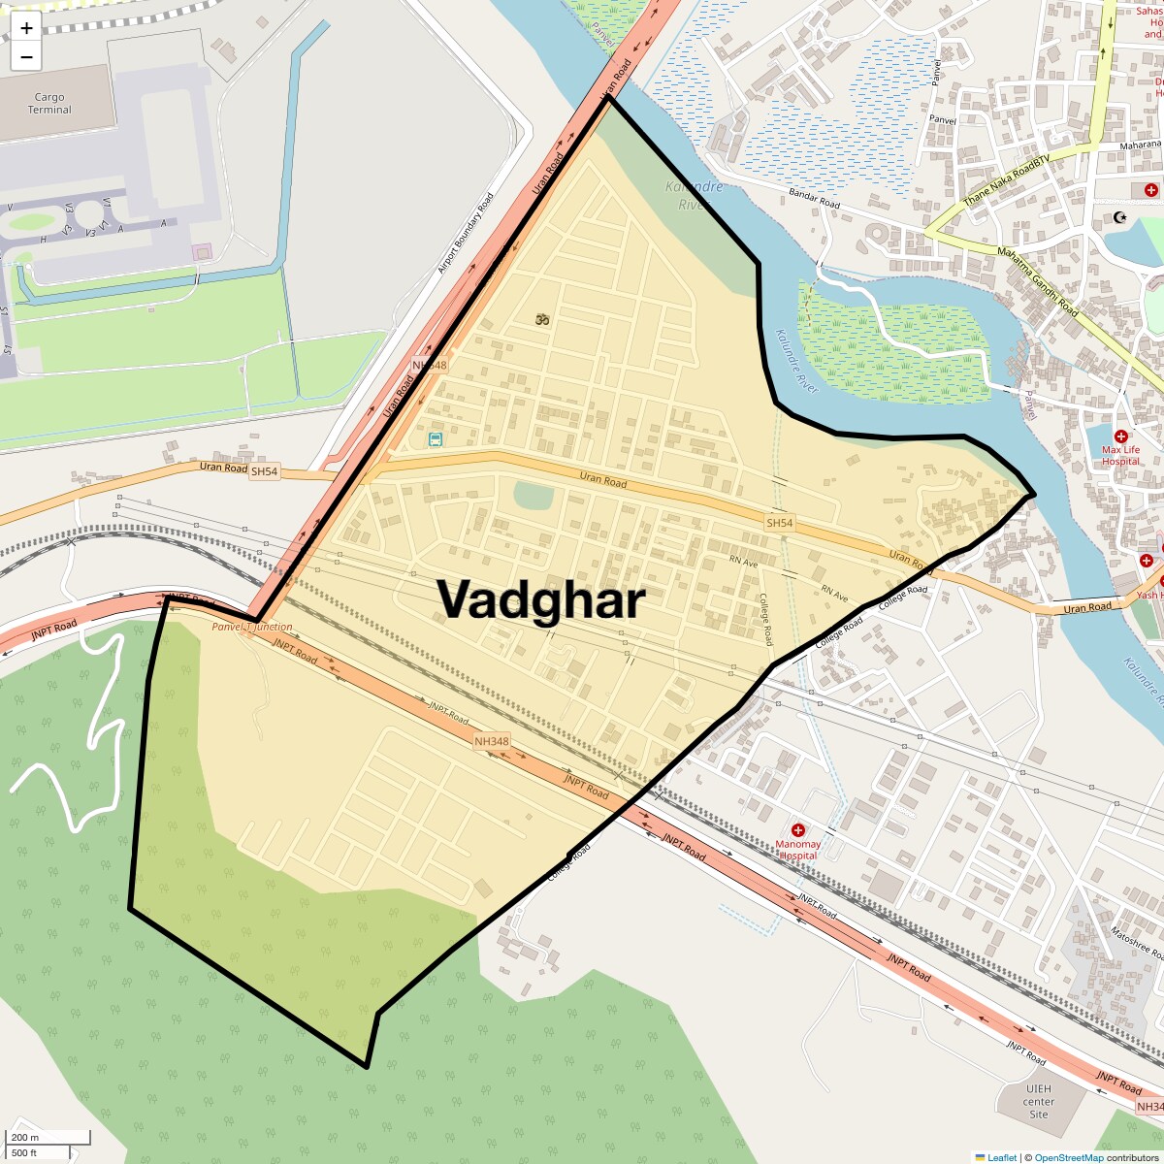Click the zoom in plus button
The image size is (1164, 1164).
coord(26,28)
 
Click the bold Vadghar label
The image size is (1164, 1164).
coord(540,599)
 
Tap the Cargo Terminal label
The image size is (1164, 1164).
coord(49,103)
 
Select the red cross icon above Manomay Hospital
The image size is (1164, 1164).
coord(797,830)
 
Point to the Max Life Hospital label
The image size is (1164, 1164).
coord(1120,455)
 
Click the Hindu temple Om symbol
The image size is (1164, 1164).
coord(542,318)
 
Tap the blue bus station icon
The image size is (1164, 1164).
coord(436,439)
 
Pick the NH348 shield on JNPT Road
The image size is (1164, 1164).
coord(491,741)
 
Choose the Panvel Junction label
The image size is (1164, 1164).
coord(252,627)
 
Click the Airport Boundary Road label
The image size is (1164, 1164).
coord(466,233)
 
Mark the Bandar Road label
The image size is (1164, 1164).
coord(814,199)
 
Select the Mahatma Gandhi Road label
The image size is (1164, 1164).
coord(1037,281)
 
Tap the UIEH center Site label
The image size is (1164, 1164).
coord(1038,1101)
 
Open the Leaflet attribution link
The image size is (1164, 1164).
coord(1001,1157)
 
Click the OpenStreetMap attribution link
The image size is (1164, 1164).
coord(1068,1157)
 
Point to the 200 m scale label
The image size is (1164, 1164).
coord(25,1138)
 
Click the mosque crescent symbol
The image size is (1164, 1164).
coord(1120,217)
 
